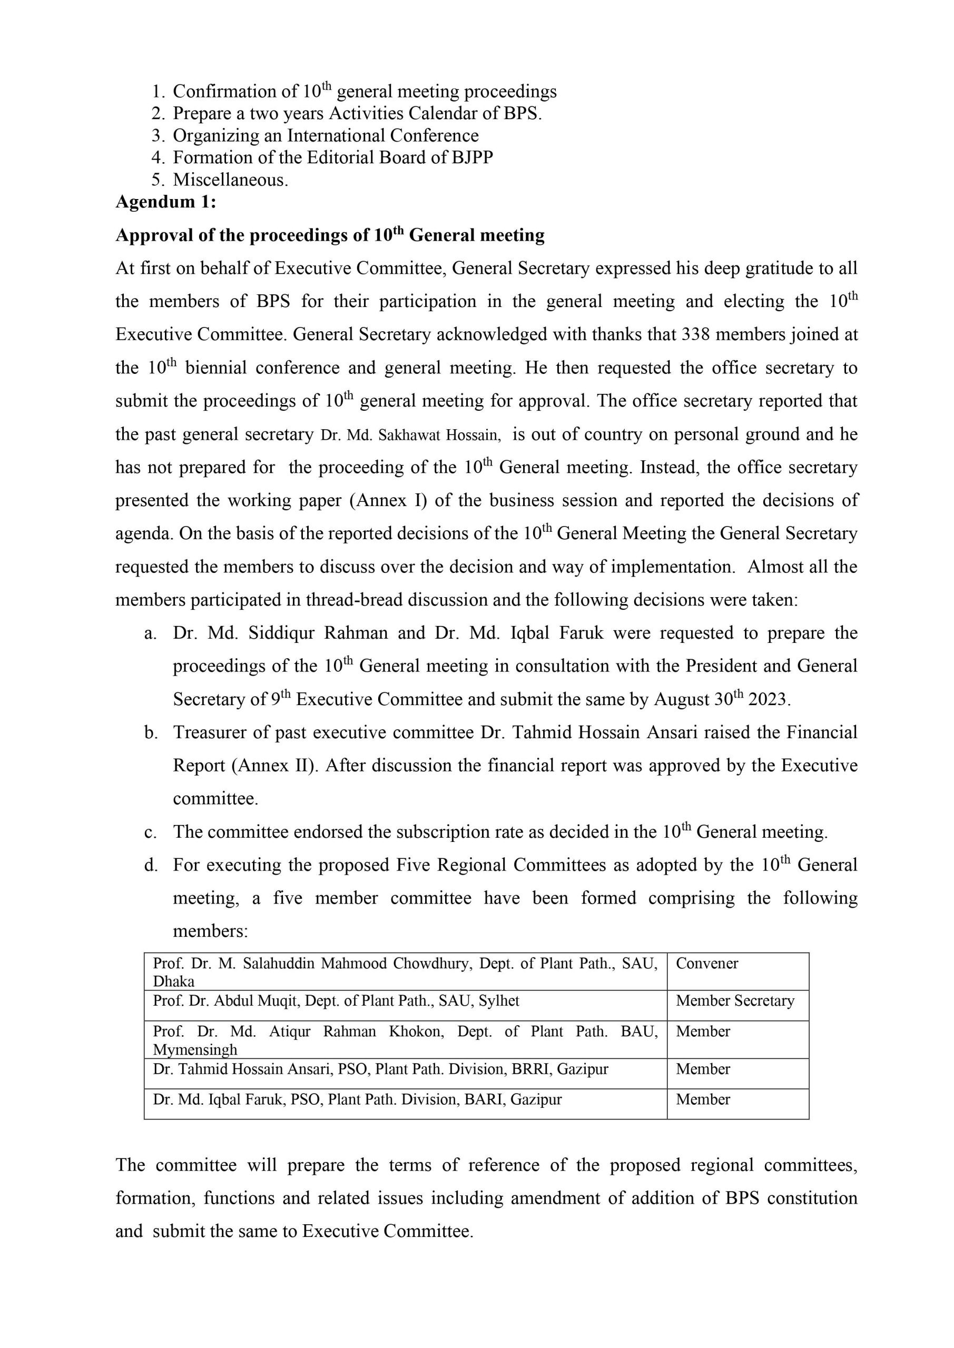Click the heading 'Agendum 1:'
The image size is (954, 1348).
165,202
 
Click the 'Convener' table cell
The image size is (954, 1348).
707,964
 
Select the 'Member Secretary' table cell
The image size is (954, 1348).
734,1001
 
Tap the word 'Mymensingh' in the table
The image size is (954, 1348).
195,1050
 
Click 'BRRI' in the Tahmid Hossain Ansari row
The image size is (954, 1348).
532,1069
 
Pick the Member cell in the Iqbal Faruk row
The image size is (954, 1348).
703,1099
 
